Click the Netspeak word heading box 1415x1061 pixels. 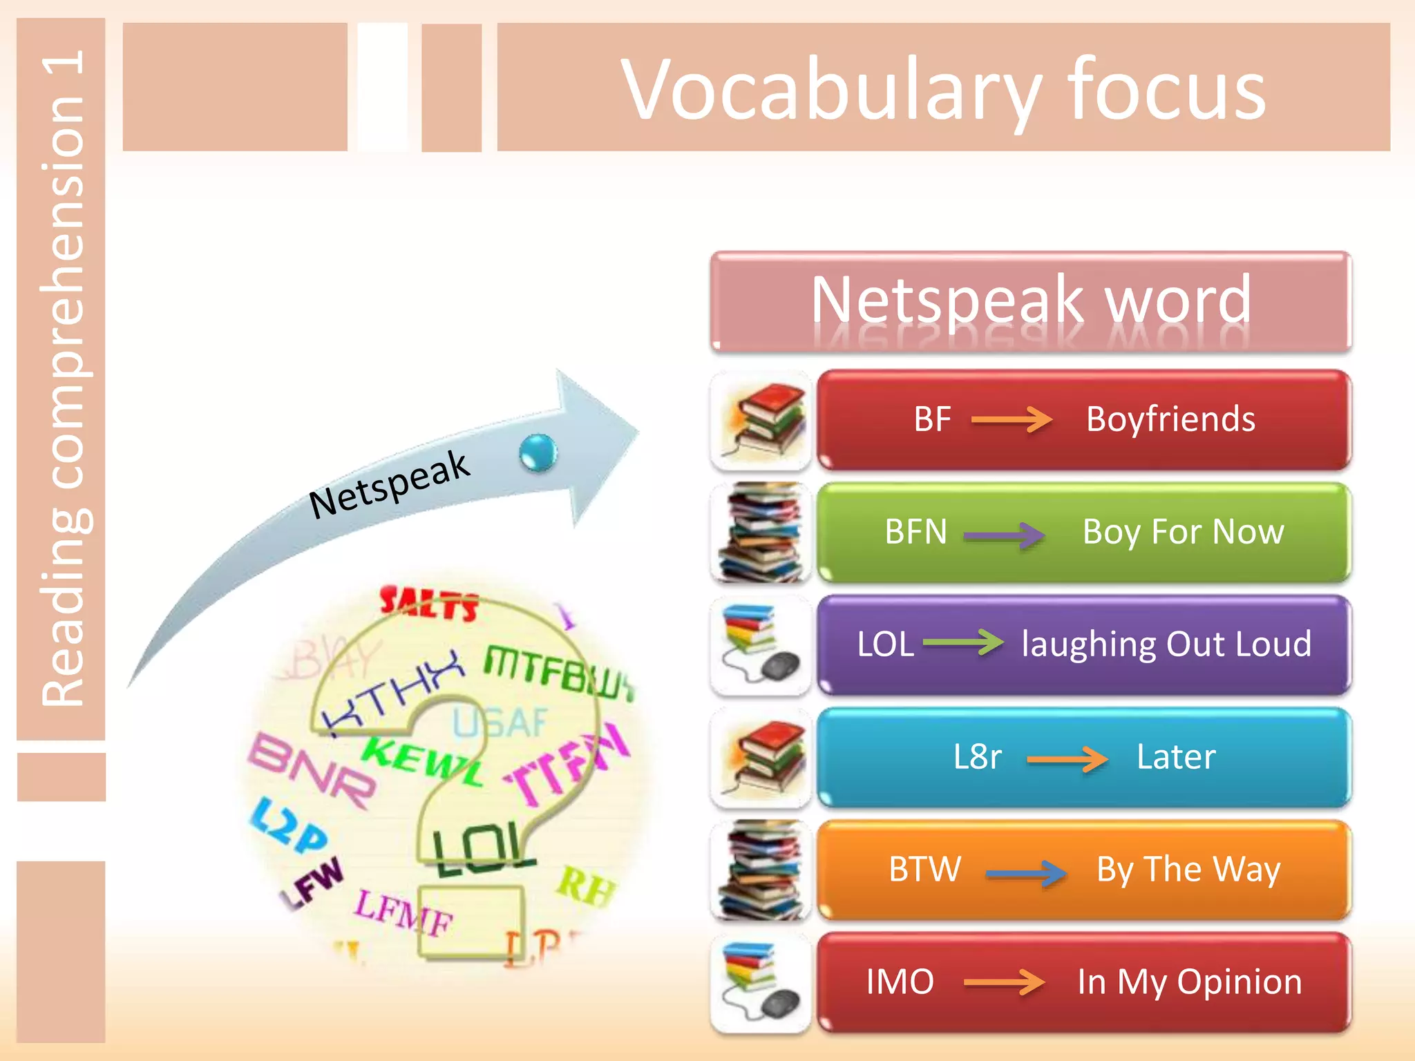point(1030,301)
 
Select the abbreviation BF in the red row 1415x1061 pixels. point(932,419)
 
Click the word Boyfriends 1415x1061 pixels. point(1170,419)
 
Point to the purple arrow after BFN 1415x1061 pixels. point(1004,535)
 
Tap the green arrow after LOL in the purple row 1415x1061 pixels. point(963,642)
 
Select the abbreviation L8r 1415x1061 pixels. point(977,757)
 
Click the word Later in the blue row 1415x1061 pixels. point(1176,757)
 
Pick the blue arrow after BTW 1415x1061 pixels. point(1026,874)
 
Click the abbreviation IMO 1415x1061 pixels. point(900,982)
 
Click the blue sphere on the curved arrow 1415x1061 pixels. point(538,454)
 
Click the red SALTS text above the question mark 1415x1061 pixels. point(429,604)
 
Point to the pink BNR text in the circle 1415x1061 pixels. point(312,770)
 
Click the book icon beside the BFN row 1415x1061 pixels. point(760,533)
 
